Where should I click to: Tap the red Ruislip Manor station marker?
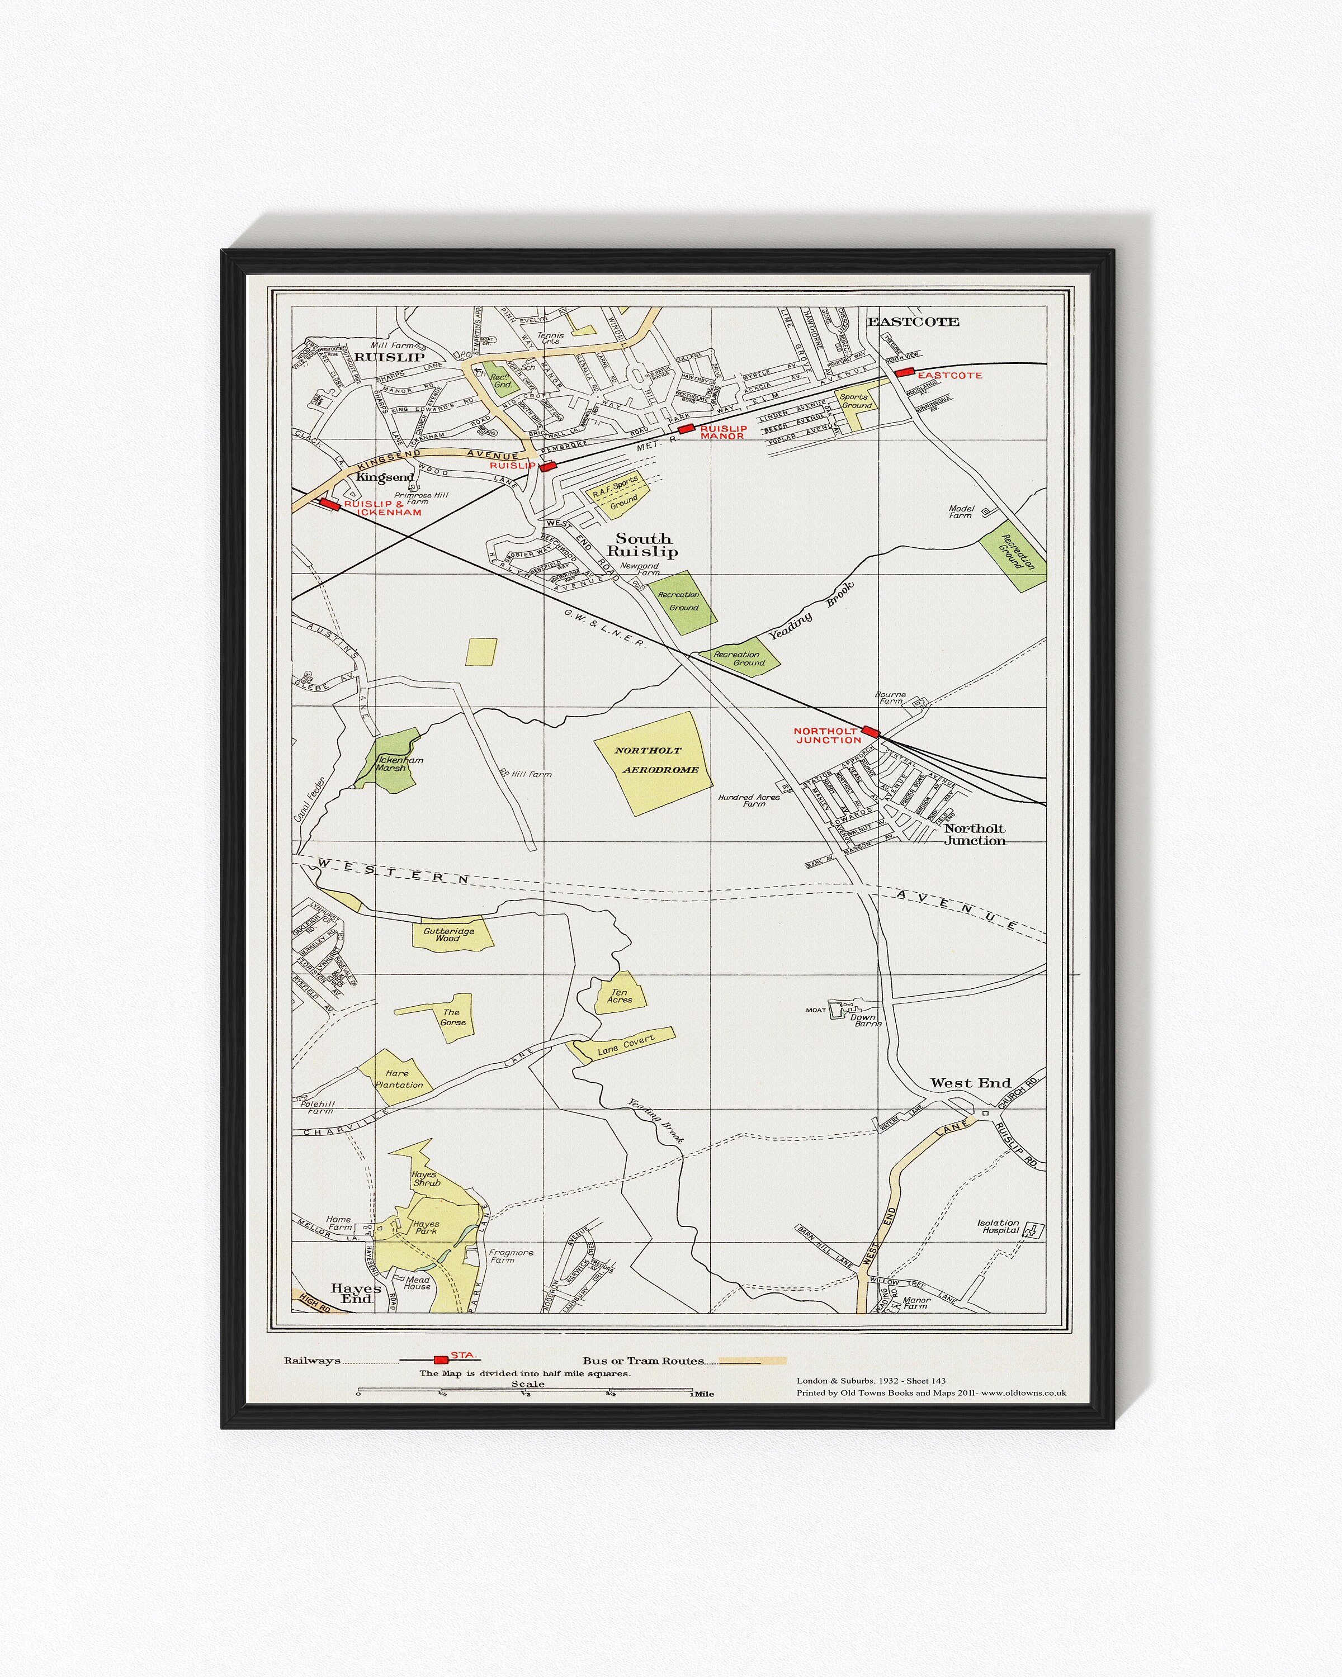point(686,429)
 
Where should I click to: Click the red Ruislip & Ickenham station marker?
point(330,504)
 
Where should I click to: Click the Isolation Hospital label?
point(999,1226)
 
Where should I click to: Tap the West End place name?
point(970,1083)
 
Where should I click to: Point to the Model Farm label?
point(961,512)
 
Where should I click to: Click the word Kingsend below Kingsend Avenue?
point(385,477)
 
